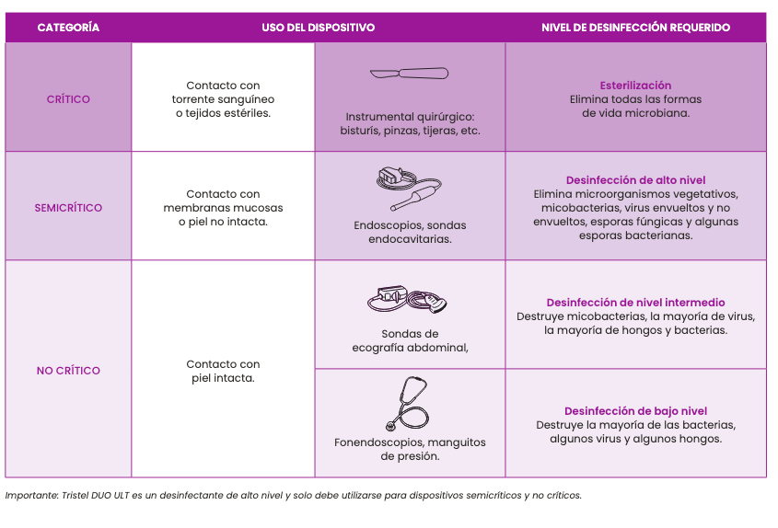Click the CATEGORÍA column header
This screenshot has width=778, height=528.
(x=68, y=28)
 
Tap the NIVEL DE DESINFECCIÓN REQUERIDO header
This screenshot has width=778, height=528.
(x=635, y=28)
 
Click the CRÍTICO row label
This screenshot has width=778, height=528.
(x=68, y=99)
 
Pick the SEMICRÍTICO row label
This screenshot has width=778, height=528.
(x=68, y=208)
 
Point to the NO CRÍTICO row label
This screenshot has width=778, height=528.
(x=68, y=371)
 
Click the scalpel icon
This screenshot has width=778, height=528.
(x=409, y=74)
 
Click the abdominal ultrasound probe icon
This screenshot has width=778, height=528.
(x=409, y=299)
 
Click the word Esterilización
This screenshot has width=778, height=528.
(x=635, y=86)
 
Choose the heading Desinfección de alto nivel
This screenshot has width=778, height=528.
(x=635, y=180)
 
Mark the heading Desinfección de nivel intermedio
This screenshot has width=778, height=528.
(x=635, y=303)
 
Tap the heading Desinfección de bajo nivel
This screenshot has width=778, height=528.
(x=635, y=411)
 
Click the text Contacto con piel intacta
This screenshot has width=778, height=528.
(x=223, y=371)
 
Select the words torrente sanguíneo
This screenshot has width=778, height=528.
(x=223, y=99)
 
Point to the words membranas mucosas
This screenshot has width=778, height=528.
(x=223, y=208)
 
